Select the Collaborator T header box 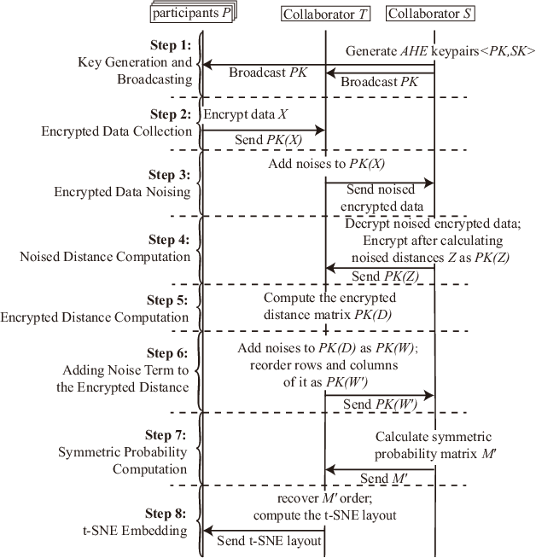click(x=325, y=14)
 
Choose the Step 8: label click(x=171, y=514)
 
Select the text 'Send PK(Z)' click(x=378, y=276)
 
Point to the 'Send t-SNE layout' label click(x=263, y=540)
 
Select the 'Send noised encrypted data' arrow click(x=380, y=183)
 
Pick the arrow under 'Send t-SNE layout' click(x=263, y=531)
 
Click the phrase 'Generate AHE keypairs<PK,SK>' click(x=440, y=51)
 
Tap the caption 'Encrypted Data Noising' click(x=123, y=191)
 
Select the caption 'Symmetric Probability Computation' click(x=123, y=460)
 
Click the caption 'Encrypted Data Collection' click(x=117, y=131)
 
